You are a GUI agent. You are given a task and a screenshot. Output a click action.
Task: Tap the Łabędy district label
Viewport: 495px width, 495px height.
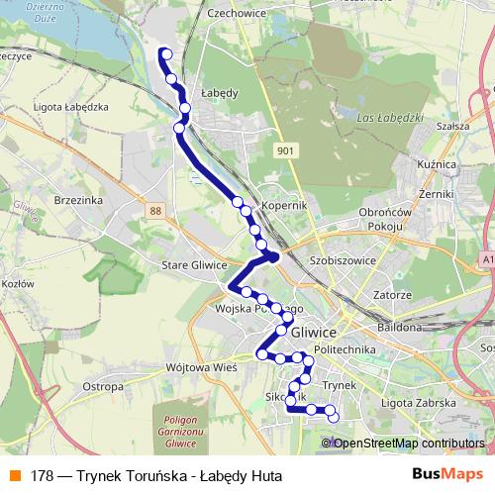pos(219,92)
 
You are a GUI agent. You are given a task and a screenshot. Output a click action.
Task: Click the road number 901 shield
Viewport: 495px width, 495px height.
pos(285,150)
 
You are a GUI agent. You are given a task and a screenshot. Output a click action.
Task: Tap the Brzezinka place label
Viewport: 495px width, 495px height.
pos(80,199)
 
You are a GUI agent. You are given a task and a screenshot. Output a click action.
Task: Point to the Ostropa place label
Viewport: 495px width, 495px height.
pos(102,386)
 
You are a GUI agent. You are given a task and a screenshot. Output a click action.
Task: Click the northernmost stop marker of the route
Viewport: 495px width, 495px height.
pos(165,54)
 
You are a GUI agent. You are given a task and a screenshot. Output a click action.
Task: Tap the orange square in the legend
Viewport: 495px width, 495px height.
pos(16,476)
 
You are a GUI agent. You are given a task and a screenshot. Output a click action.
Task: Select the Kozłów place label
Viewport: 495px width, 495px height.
pos(18,284)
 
